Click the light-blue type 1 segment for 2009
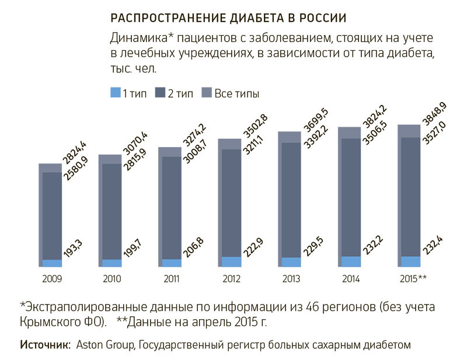pyautogui.click(x=52, y=263)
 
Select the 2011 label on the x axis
pyautogui.click(x=172, y=279)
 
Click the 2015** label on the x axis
pyautogui.click(x=413, y=279)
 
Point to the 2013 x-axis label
pyautogui.click(x=292, y=279)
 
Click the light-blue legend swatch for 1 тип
pyautogui.click(x=115, y=93)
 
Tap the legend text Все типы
pyautogui.click(x=236, y=93)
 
